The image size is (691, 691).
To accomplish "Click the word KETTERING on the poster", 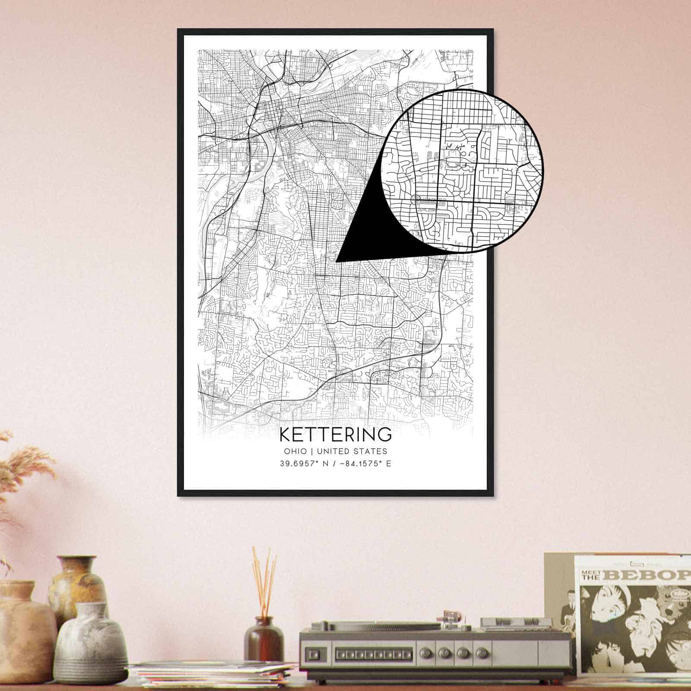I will (336, 434).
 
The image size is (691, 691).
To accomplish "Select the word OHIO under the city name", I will (295, 451).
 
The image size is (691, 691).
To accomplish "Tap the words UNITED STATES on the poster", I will (352, 451).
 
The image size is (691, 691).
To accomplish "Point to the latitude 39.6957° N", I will (304, 464).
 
